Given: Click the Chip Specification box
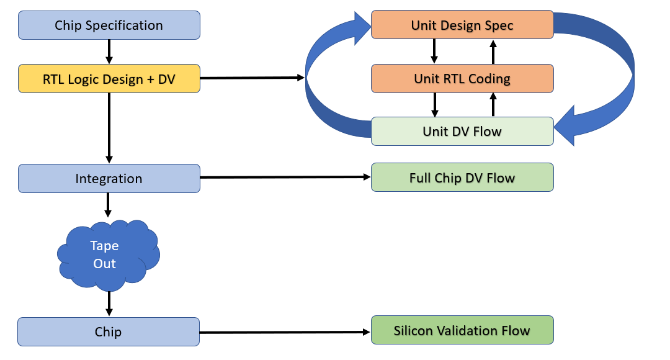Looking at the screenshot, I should pyautogui.click(x=109, y=25).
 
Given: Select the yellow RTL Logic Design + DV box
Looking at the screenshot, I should pyautogui.click(x=109, y=79).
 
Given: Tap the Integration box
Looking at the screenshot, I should pyautogui.click(x=109, y=179).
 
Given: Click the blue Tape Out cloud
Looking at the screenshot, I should pyautogui.click(x=108, y=254).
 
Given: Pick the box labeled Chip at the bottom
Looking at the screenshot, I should pyautogui.click(x=109, y=332).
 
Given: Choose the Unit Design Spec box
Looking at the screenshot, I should pyautogui.click(x=462, y=25).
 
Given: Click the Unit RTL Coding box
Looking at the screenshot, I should pyautogui.click(x=462, y=79).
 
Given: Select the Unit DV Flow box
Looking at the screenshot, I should pyautogui.click(x=462, y=132).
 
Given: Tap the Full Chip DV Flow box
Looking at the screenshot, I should pyautogui.click(x=462, y=178).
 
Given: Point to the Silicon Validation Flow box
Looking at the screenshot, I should pyautogui.click(x=462, y=331).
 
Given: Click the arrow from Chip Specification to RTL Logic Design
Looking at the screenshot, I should pyautogui.click(x=109, y=52).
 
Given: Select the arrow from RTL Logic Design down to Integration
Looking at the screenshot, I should pyautogui.click(x=109, y=128).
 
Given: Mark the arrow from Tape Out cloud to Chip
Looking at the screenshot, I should pyautogui.click(x=109, y=304).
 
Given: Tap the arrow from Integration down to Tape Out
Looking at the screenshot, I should pyautogui.click(x=109, y=204).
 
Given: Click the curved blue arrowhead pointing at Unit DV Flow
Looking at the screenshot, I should pyautogui.click(x=568, y=128).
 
